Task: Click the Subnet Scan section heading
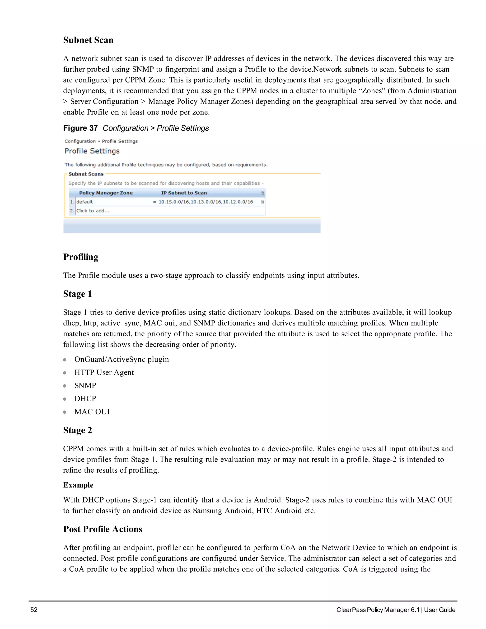(x=88, y=40)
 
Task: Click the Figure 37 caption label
(x=80, y=128)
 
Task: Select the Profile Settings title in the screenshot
(x=92, y=151)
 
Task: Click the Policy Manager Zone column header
(x=106, y=193)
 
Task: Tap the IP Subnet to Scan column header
(x=184, y=193)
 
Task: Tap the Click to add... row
(x=93, y=211)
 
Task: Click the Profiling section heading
(x=81, y=257)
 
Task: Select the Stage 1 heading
(x=77, y=294)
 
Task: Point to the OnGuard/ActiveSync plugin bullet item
(x=121, y=359)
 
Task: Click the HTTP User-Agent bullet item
(x=104, y=372)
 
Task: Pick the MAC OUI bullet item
(x=92, y=412)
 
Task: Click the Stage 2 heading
(x=77, y=430)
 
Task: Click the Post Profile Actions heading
(x=103, y=529)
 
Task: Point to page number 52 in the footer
(x=34, y=610)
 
